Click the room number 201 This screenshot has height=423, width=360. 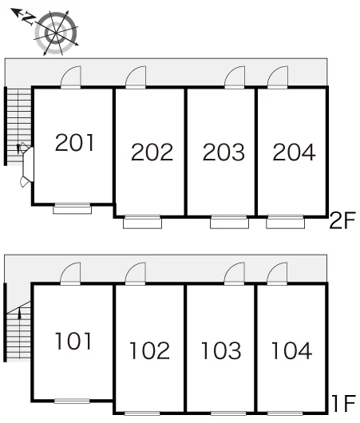[75, 142]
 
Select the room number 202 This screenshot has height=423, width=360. [152, 152]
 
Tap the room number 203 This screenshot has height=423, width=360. [224, 152]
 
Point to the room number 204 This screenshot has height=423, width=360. [294, 152]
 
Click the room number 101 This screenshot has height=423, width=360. [73, 341]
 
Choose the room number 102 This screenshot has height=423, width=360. [150, 350]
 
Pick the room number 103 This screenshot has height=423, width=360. [221, 350]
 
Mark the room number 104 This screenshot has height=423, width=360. [291, 350]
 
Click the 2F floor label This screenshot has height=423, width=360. [342, 220]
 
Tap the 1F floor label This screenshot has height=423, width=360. [344, 403]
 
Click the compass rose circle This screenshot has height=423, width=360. [56, 33]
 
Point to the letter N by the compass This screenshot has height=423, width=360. [28, 18]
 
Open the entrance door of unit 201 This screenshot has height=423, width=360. [71, 77]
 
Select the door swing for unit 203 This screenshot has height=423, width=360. [235, 77]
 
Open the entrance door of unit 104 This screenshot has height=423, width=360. [277, 273]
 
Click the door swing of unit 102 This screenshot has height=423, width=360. [136, 273]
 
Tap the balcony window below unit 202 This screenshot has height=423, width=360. [143, 223]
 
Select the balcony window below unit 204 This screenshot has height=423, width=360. [286, 223]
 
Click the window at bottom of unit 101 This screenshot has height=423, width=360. [72, 401]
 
